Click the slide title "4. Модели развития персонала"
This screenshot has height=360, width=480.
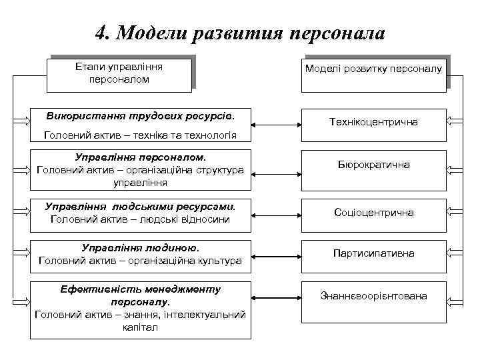[240, 33]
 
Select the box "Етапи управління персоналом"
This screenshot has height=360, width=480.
[119, 73]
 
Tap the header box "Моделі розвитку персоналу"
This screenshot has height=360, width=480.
[373, 69]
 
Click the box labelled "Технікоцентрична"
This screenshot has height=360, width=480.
[373, 122]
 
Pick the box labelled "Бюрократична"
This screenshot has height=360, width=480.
[373, 165]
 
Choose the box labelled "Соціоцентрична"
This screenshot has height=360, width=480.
[373, 213]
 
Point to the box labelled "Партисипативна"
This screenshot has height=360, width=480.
[373, 253]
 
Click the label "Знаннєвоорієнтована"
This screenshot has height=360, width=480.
[373, 295]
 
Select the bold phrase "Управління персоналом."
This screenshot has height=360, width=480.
[140, 158]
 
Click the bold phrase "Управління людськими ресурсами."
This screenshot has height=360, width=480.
[140, 206]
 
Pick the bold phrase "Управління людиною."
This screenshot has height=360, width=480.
[140, 247]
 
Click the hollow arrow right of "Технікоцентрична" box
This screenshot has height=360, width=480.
[455, 121]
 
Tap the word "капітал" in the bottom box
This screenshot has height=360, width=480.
[140, 327]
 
